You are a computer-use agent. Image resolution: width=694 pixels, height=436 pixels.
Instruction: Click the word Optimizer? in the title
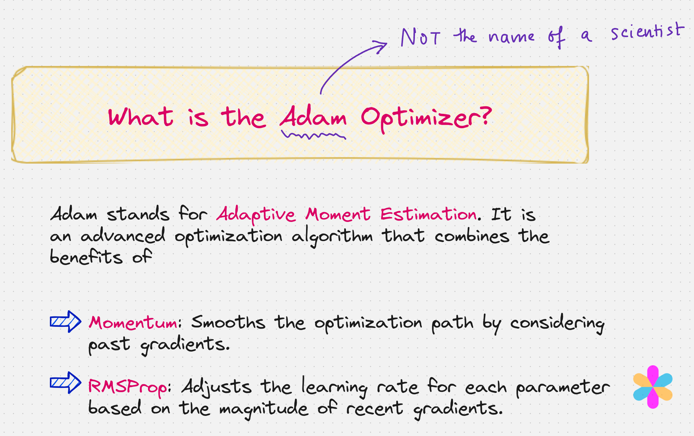(x=426, y=118)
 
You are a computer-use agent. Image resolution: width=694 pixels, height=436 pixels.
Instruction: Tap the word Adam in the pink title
(x=313, y=117)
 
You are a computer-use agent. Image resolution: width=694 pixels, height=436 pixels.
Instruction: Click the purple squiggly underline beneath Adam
(x=313, y=135)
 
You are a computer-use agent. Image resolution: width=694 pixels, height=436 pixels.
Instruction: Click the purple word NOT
(x=420, y=37)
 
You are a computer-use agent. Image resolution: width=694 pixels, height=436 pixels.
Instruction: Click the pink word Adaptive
(x=256, y=215)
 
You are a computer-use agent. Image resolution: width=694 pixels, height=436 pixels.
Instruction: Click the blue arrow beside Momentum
(x=65, y=321)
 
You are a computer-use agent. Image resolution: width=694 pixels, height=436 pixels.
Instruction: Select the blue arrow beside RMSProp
(x=65, y=382)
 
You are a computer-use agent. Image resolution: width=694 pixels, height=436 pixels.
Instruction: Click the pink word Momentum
(x=134, y=323)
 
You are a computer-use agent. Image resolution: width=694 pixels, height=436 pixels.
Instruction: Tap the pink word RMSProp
(x=128, y=387)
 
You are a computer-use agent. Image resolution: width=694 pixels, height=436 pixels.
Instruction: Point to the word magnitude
(x=264, y=409)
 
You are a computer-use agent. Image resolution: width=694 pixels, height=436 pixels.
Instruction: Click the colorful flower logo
(x=653, y=387)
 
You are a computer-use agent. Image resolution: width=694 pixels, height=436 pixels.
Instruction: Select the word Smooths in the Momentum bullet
(x=228, y=322)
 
